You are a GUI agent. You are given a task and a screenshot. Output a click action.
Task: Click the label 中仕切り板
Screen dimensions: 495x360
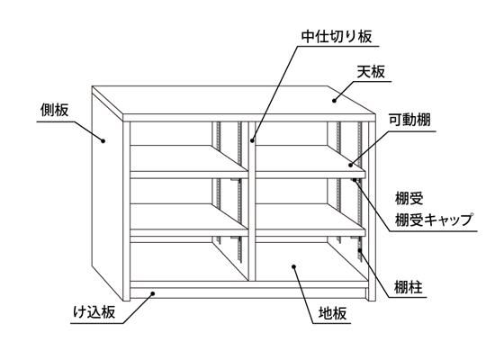[x=337, y=37]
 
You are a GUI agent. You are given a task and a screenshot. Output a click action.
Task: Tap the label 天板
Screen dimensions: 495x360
[x=371, y=72]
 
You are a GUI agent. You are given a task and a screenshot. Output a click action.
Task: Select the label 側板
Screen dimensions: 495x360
[x=54, y=110]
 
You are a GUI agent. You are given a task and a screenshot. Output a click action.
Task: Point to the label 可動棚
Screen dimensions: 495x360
[x=409, y=121]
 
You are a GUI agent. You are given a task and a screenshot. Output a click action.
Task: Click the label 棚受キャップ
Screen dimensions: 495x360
[x=434, y=220]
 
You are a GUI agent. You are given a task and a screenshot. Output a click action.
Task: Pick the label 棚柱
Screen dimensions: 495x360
[x=409, y=287]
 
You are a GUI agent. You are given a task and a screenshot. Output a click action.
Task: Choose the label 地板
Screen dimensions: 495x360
[x=333, y=313]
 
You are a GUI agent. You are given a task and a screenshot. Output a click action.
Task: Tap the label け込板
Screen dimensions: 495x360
[x=94, y=312]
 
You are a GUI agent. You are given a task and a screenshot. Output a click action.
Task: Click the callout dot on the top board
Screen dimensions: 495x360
[x=334, y=101]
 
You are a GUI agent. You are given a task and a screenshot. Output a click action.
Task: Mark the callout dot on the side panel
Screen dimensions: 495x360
[x=103, y=140]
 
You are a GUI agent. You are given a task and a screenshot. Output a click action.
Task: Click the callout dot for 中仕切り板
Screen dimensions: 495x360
[x=252, y=140]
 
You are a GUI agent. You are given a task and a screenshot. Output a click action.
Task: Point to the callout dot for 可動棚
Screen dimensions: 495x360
[x=350, y=165]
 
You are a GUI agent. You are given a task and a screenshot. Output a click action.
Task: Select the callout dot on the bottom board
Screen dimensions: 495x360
[x=293, y=266]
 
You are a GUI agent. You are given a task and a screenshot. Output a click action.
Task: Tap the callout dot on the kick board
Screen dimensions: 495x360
[x=153, y=293]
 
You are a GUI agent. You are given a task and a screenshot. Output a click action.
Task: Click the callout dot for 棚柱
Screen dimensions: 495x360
[x=360, y=250]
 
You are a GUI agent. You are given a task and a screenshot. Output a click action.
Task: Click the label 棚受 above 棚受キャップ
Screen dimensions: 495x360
[x=409, y=199]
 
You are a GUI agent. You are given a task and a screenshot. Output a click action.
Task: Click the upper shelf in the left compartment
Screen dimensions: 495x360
[x=189, y=162]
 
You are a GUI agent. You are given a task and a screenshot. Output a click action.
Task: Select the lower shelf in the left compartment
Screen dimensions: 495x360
[x=189, y=220]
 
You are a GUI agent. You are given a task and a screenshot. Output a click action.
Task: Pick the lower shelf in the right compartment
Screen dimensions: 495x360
[x=310, y=220]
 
